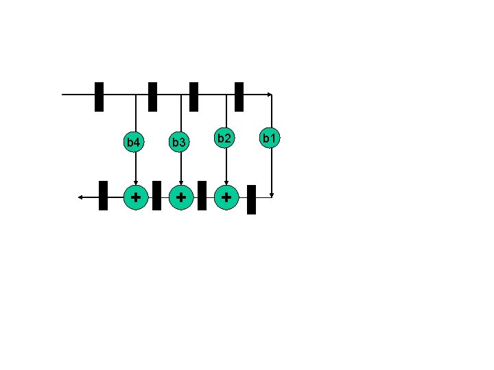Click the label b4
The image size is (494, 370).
(x=134, y=143)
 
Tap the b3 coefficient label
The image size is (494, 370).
(x=179, y=143)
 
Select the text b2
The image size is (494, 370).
(x=224, y=139)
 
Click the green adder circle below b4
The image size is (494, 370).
(x=136, y=197)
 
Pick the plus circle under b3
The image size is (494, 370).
(x=180, y=197)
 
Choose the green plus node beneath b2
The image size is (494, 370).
(x=226, y=197)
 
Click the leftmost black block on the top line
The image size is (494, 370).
(x=99, y=97)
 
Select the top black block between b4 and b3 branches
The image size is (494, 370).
(x=152, y=97)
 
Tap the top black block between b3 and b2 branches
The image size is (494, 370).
(x=193, y=97)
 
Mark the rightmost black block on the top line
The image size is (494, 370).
(x=239, y=97)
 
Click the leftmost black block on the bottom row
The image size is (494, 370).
(x=103, y=195)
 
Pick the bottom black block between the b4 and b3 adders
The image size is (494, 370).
(x=156, y=195)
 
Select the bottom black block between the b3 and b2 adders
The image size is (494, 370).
(x=202, y=195)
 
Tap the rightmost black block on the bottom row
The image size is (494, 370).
(x=251, y=199)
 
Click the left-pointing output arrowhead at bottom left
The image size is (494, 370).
(x=80, y=197)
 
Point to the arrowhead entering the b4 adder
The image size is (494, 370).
(x=136, y=182)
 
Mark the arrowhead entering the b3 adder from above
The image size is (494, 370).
(x=180, y=182)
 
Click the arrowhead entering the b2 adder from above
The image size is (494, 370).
(x=226, y=182)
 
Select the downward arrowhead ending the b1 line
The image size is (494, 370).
(x=272, y=195)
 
